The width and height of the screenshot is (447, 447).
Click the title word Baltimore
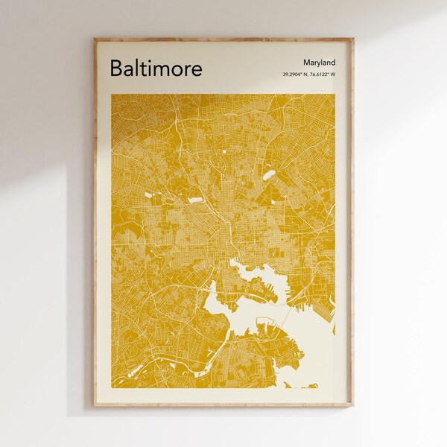(156, 69)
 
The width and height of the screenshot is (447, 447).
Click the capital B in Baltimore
(116, 69)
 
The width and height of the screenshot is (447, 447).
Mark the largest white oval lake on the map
(268, 176)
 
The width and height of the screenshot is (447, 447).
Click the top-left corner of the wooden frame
(94, 39)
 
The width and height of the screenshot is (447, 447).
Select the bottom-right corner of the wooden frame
(353, 406)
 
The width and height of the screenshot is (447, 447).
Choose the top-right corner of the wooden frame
(353, 39)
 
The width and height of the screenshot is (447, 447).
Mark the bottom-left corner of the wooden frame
(94, 406)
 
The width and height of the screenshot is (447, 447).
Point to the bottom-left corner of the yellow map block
(112, 387)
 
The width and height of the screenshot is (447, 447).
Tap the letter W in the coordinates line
(333, 74)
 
